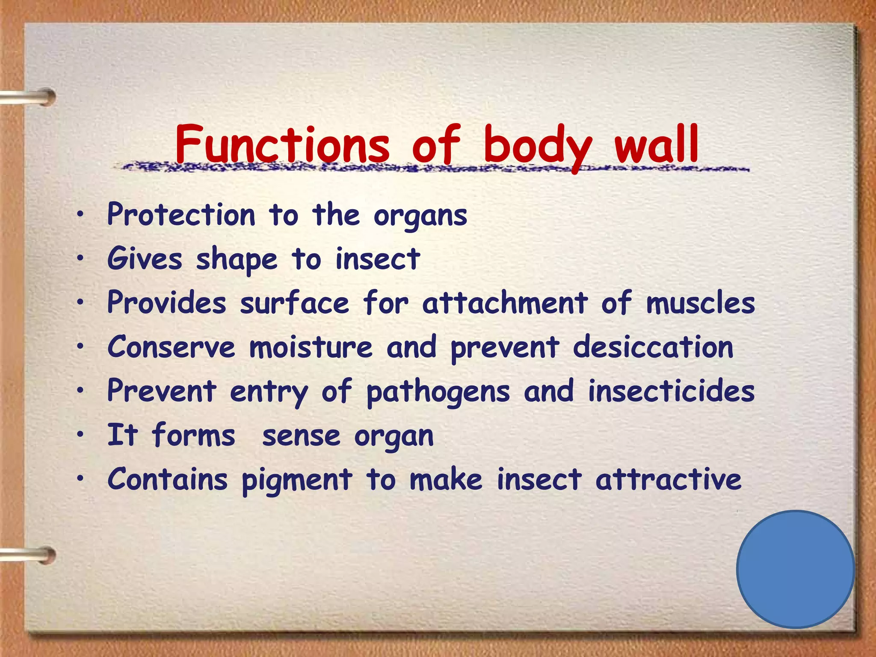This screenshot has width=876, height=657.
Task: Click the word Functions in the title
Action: click(282, 144)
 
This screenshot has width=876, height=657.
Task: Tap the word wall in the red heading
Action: click(657, 144)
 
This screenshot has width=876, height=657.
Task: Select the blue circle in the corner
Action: click(795, 569)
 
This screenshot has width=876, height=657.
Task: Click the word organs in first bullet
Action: click(420, 216)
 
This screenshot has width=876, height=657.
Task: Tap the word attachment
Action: click(505, 303)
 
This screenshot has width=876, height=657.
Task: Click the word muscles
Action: click(700, 303)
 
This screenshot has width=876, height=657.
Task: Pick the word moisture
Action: click(311, 347)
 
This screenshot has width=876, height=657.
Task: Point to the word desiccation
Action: click(653, 347)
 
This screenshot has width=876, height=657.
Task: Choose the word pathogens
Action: click(438, 392)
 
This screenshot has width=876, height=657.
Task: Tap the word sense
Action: click(301, 436)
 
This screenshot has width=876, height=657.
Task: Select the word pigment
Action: click(297, 480)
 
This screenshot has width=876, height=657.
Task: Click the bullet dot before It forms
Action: click(80, 435)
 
